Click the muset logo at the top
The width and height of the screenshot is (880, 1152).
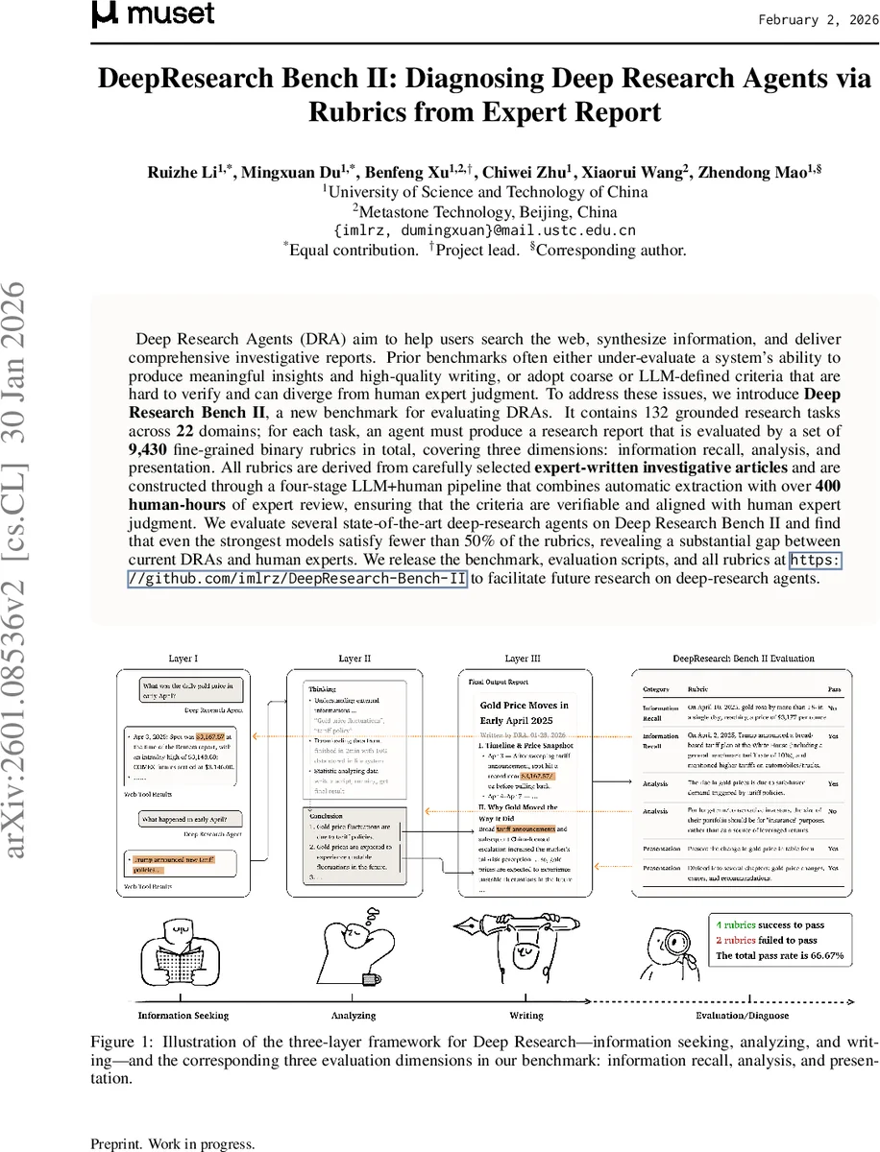pos(153,14)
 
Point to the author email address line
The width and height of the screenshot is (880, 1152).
pos(484,231)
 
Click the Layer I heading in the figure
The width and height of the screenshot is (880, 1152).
pos(183,659)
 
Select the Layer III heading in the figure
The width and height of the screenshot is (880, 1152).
pos(522,659)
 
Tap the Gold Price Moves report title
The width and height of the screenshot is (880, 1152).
pos(524,711)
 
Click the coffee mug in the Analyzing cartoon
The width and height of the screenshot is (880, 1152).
pos(370,979)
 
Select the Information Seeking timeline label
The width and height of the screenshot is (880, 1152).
pos(183,1015)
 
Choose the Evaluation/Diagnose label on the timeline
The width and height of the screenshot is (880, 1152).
pos(742,1015)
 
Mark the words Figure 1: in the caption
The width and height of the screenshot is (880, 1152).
pos(121,1042)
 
